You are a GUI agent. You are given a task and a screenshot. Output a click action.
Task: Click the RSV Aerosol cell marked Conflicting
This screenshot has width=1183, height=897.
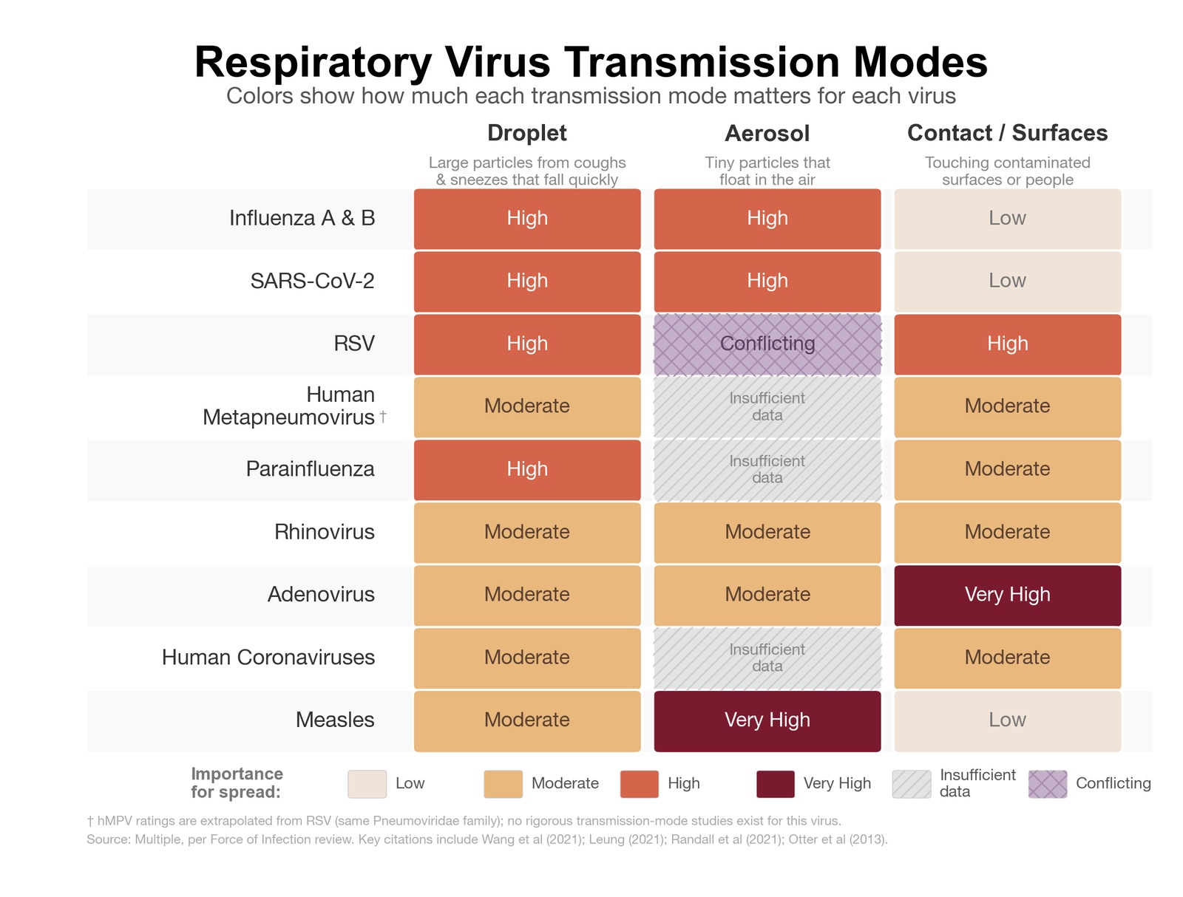tap(767, 344)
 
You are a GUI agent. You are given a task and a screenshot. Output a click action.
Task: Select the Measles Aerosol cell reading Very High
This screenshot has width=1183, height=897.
tap(767, 720)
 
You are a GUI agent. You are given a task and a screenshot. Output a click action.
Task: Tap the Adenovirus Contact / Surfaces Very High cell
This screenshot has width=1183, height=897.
tap(1007, 595)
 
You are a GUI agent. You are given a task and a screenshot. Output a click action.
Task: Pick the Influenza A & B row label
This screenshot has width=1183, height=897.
tap(302, 218)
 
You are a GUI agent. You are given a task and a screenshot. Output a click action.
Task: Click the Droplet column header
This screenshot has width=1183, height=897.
tap(526, 133)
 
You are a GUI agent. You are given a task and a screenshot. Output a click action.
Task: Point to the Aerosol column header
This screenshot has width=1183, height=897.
tap(767, 134)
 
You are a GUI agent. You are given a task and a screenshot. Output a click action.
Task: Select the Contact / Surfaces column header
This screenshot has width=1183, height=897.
tap(1007, 133)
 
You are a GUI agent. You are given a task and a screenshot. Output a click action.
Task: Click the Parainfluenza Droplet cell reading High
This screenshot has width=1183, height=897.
tap(526, 470)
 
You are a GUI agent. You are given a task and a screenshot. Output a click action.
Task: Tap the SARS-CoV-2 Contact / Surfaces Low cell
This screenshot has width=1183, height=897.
tap(1007, 282)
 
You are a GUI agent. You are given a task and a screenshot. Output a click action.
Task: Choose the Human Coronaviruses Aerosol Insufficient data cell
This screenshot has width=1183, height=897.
tap(767, 658)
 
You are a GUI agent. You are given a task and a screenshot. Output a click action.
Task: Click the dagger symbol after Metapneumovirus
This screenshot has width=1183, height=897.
tap(383, 417)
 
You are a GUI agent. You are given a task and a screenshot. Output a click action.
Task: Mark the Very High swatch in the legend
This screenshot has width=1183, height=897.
tap(775, 784)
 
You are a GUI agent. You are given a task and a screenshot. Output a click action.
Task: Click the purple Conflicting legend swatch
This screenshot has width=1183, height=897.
tap(1047, 784)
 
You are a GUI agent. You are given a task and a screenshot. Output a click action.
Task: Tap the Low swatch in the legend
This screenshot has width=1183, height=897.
tap(367, 784)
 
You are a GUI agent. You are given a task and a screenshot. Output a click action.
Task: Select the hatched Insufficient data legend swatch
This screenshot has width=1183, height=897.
tap(911, 784)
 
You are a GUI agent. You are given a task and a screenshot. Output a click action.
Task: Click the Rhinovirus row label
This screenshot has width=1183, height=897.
tap(324, 532)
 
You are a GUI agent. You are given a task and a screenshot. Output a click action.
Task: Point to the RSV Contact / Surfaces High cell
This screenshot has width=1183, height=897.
tap(1007, 344)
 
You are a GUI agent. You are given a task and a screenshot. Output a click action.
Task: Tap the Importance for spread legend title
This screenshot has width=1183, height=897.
tap(237, 783)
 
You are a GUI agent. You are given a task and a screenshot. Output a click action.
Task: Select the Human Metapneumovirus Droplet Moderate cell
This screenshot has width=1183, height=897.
tap(526, 407)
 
